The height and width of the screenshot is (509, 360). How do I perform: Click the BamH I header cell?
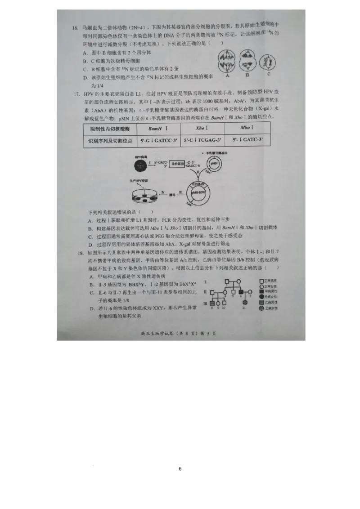point(158,128)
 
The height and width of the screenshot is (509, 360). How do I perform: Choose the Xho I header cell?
point(202,128)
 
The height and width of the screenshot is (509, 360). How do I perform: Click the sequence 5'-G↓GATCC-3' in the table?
point(158,140)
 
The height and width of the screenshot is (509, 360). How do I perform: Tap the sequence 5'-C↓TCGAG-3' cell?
point(202,140)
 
